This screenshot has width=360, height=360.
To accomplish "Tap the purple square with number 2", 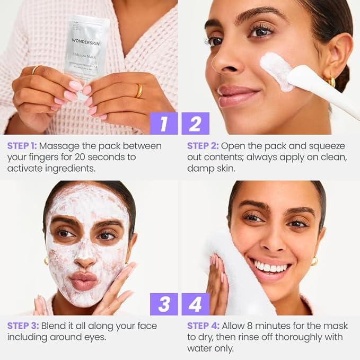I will (195, 123).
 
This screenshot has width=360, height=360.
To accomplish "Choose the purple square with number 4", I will (195, 304).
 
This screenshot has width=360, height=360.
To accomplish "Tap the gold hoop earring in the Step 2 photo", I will (332, 82).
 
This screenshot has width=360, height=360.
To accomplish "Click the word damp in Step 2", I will (199, 169).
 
